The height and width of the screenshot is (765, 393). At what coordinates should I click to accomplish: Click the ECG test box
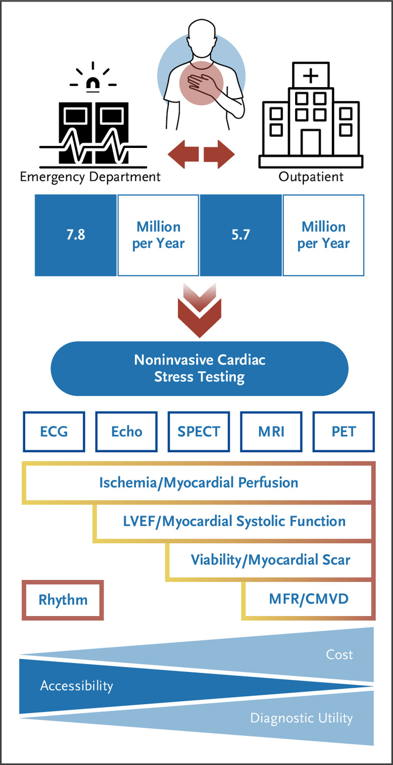click(x=54, y=431)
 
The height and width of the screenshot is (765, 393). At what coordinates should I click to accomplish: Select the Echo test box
click(x=126, y=431)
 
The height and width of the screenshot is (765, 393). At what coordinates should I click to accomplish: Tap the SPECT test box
click(x=198, y=431)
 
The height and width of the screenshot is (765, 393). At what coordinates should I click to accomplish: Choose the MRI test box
click(x=271, y=431)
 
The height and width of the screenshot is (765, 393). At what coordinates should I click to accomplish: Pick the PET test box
click(x=344, y=431)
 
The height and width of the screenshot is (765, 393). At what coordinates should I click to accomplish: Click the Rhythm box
click(x=63, y=600)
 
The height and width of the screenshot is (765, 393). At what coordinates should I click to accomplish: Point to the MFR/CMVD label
click(x=309, y=598)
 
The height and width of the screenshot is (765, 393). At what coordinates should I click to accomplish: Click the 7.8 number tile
click(x=76, y=235)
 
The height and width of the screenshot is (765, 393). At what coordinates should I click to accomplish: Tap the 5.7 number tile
click(x=241, y=235)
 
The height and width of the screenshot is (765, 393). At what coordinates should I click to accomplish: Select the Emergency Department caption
click(x=90, y=177)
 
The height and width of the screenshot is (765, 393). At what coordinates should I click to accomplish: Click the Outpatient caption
click(x=311, y=177)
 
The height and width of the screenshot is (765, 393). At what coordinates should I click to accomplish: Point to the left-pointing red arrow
click(x=183, y=154)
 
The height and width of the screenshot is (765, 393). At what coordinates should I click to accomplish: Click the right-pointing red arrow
click(x=219, y=154)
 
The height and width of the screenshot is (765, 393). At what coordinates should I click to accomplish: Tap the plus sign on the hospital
click(x=311, y=75)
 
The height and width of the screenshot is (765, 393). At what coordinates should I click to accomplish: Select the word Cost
click(x=339, y=655)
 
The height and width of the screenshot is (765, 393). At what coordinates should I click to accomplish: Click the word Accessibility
click(x=76, y=686)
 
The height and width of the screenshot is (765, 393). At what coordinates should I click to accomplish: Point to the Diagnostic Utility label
click(x=301, y=718)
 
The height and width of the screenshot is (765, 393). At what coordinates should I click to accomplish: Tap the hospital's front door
click(x=311, y=142)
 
